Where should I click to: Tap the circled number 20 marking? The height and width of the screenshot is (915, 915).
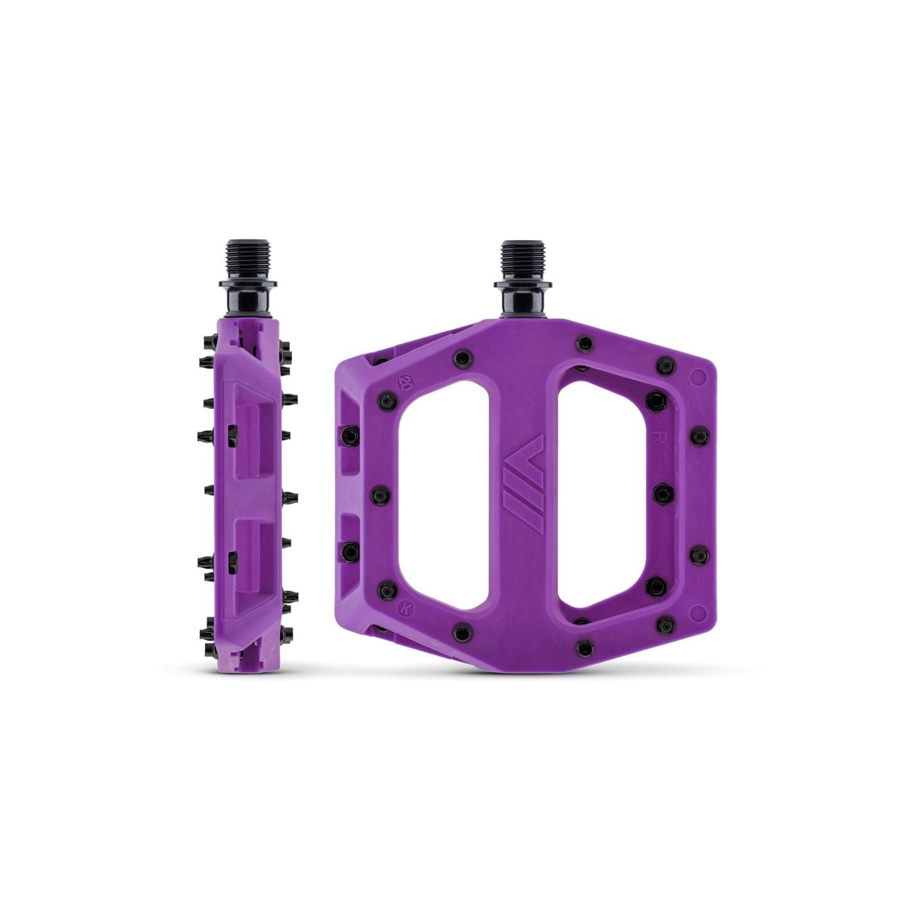click(405, 384)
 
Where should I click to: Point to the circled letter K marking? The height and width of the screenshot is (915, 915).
click(405, 606)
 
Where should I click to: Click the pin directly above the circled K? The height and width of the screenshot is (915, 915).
click(388, 587)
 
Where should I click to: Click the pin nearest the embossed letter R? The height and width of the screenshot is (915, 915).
click(656, 402)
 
